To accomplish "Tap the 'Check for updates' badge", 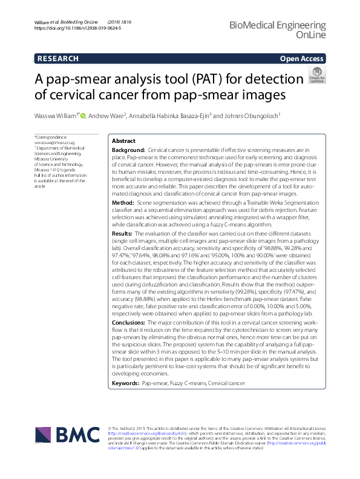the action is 316,78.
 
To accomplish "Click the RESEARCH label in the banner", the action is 57,59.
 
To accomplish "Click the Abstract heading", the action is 124,140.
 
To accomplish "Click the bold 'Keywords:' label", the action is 126,384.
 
